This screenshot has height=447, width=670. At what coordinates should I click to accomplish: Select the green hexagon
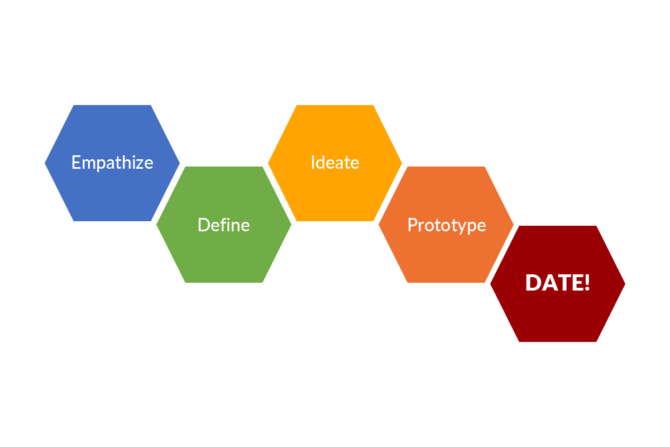pyautogui.click(x=223, y=251)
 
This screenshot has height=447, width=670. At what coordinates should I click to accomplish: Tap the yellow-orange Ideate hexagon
pyautogui.click(x=335, y=190)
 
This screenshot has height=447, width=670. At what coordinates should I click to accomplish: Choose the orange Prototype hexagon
pyautogui.click(x=446, y=251)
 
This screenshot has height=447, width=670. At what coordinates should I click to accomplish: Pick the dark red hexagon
pyautogui.click(x=557, y=313)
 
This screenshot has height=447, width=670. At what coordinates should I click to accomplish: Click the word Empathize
pyautogui.click(x=112, y=163)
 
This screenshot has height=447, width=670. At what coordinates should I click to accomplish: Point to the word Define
pyautogui.click(x=223, y=225)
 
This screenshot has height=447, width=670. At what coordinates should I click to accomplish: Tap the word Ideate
pyautogui.click(x=335, y=163)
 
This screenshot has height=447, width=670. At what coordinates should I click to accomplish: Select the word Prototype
pyautogui.click(x=446, y=225)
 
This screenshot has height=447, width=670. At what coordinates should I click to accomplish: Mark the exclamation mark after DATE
pyautogui.click(x=586, y=283)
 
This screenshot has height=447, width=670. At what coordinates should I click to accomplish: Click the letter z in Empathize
pyautogui.click(x=140, y=164)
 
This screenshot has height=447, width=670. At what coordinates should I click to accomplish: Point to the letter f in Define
pyautogui.click(x=221, y=224)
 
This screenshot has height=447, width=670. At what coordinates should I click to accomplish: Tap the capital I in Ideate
pyautogui.click(x=313, y=163)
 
